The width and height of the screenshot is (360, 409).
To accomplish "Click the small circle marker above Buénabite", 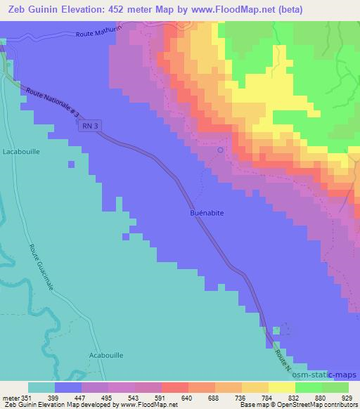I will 220,150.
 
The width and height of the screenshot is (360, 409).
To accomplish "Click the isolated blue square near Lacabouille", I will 71,164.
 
